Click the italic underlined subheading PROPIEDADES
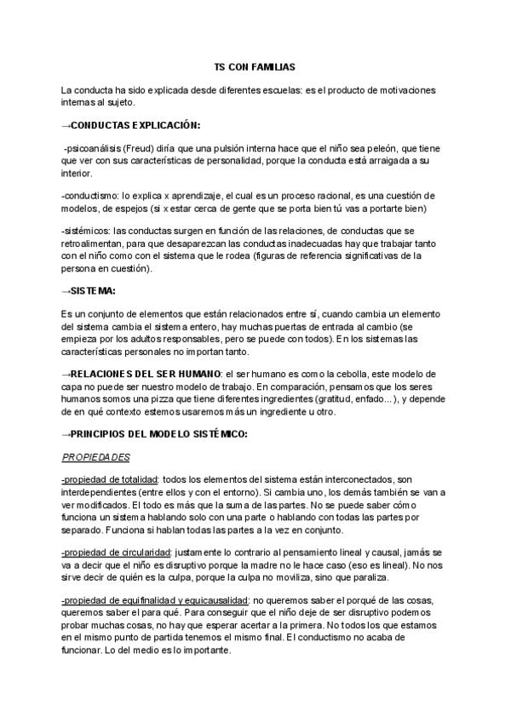(x=96, y=457)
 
